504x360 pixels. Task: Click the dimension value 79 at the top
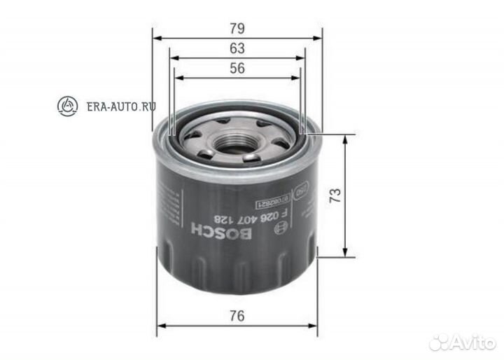tap(237, 29)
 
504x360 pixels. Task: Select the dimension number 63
tap(237, 48)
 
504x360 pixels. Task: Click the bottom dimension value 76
tap(237, 316)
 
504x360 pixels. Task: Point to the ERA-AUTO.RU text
tap(120, 106)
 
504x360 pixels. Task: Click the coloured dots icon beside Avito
tap(440, 342)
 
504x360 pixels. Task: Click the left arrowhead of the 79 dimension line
tap(155, 39)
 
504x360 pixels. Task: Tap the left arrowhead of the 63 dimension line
tap(172, 58)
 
